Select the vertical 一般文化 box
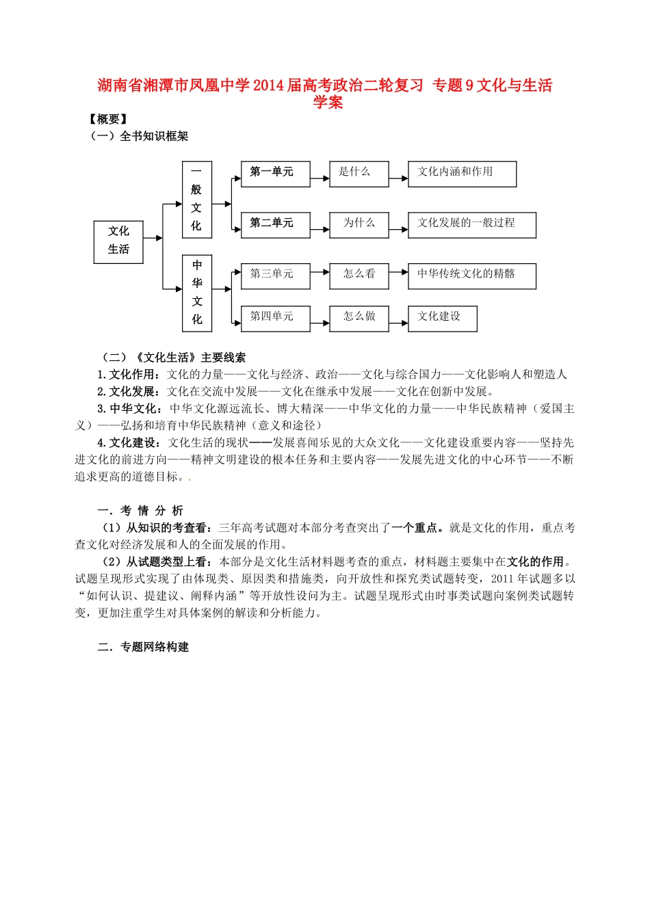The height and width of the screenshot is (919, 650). [197, 200]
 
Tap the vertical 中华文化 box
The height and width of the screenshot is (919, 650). [197, 293]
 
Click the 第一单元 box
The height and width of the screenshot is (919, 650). [275, 174]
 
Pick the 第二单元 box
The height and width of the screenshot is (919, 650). [275, 225]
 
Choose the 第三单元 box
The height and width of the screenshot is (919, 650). [275, 276]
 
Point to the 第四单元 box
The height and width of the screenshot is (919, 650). [275, 318]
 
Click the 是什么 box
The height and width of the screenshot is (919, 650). [359, 174]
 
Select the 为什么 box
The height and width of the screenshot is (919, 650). [359, 225]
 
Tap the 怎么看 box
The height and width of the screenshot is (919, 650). [359, 276]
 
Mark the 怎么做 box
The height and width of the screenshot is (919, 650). [359, 318]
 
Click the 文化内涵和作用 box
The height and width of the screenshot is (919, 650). [462, 174]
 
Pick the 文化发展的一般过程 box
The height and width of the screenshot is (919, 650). [471, 225]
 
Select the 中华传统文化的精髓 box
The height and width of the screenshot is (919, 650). [471, 276]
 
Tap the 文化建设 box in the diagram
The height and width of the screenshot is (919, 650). [442, 318]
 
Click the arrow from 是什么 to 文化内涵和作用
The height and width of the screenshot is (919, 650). [398, 179]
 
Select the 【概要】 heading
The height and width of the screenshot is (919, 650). [107, 120]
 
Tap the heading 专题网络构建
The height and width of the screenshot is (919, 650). [155, 647]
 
